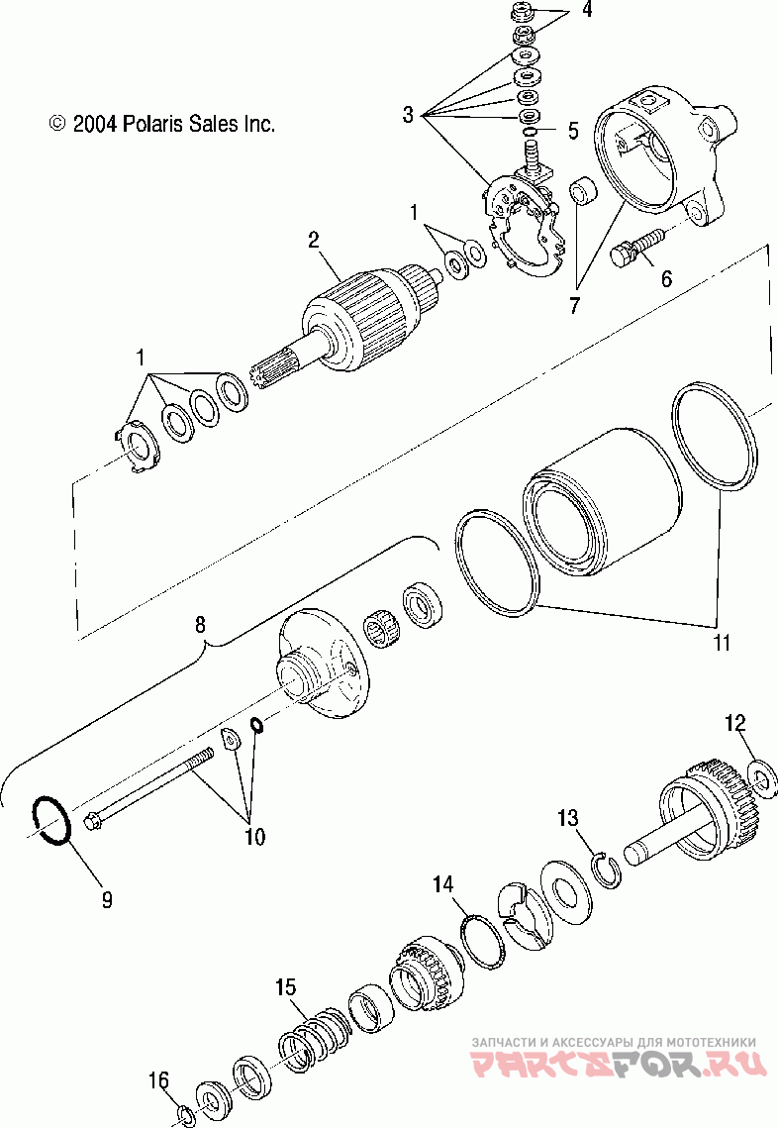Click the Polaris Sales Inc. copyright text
161,124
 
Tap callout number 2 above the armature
313,239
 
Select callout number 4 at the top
587,12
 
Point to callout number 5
572,129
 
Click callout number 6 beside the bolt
666,278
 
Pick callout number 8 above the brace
201,625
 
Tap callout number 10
254,837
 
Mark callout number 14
441,882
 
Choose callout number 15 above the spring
285,986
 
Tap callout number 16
158,1079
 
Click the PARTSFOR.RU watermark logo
618,1065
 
